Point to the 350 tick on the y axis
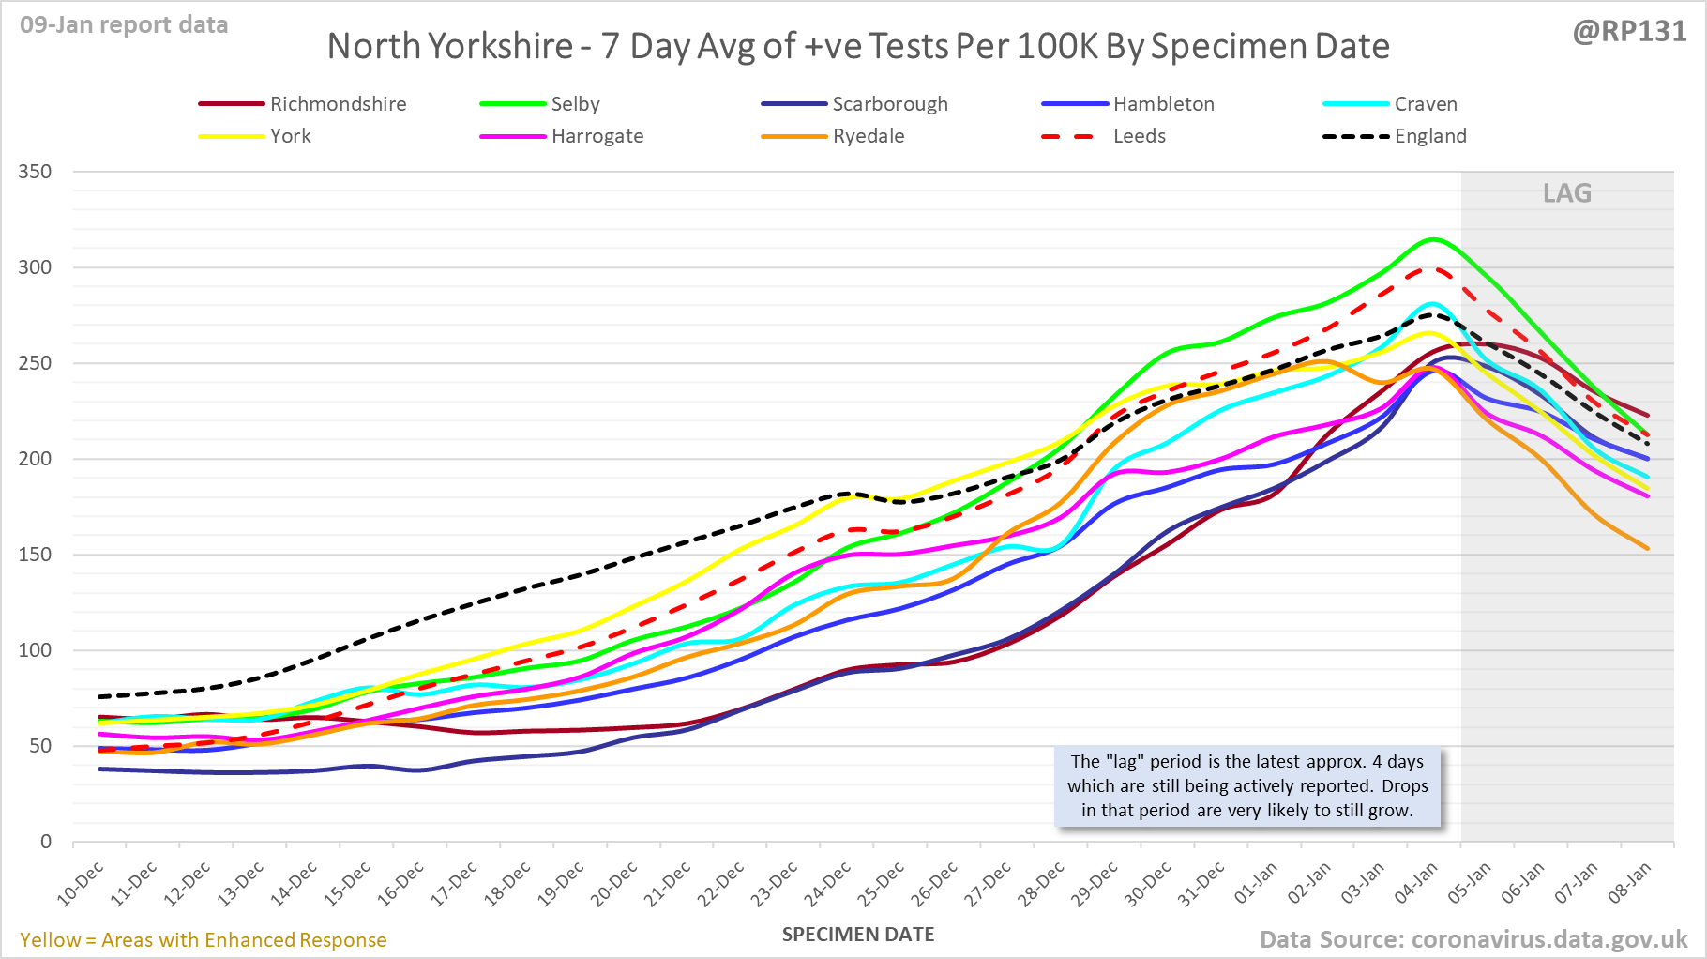click(x=35, y=172)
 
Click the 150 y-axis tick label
click(x=35, y=555)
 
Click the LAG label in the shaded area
click(x=1567, y=193)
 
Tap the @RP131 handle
click(x=1629, y=32)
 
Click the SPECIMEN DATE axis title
click(x=858, y=935)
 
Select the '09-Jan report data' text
click(x=124, y=25)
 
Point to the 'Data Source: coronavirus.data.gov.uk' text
click(x=1473, y=939)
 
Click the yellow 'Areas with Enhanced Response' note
click(x=204, y=940)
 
